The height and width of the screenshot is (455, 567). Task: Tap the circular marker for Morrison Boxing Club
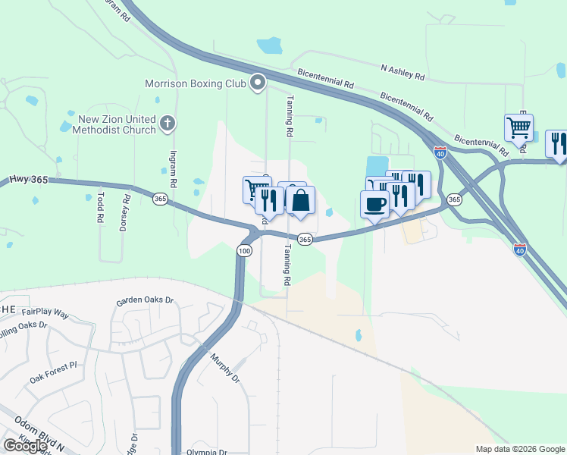tap(258, 82)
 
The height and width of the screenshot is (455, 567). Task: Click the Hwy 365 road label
tap(29, 179)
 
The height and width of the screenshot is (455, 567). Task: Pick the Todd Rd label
tap(100, 206)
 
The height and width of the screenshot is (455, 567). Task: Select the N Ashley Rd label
tap(403, 72)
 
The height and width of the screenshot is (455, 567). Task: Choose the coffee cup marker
tap(375, 202)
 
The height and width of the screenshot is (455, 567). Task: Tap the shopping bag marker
tap(300, 201)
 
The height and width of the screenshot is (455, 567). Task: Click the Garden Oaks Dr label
tap(145, 301)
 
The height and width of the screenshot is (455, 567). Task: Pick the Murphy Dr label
tap(225, 367)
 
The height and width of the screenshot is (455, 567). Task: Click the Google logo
tap(25, 446)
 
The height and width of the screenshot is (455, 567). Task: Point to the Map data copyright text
tap(519, 449)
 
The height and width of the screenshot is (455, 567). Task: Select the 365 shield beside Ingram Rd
tap(160, 199)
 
